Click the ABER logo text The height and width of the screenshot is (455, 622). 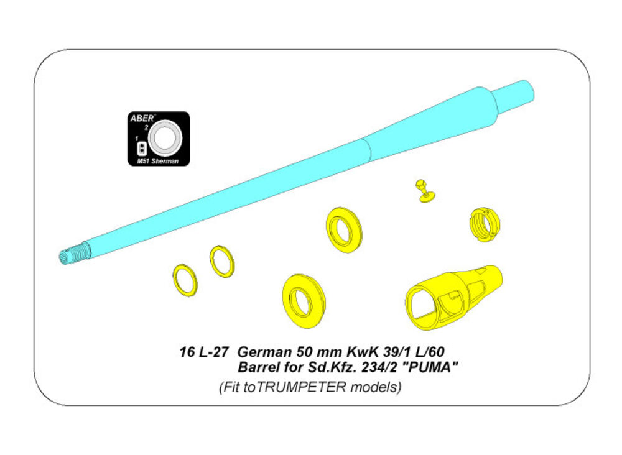click(142, 118)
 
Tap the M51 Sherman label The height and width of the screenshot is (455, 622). click(157, 161)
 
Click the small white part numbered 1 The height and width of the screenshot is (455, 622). click(141, 149)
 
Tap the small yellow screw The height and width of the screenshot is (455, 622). click(424, 191)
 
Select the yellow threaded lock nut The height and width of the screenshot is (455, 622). click(485, 225)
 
